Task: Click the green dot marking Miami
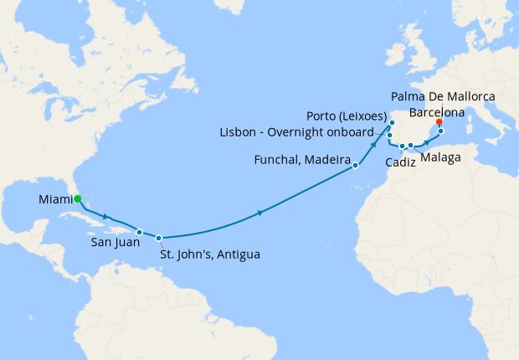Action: click(77, 199)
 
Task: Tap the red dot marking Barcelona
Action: click(439, 122)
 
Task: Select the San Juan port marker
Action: click(140, 232)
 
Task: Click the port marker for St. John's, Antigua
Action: click(158, 238)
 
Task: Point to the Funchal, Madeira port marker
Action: click(356, 166)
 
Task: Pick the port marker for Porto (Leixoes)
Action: click(392, 123)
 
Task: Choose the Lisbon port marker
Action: click(390, 135)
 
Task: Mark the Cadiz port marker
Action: click(402, 147)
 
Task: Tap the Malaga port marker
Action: click(411, 147)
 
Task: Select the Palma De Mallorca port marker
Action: click(440, 131)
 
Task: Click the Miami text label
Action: click(54, 199)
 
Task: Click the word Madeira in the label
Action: click(325, 159)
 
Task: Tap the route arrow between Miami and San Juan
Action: click(106, 218)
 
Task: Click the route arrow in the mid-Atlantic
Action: click(261, 213)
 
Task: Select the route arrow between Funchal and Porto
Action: click(373, 147)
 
